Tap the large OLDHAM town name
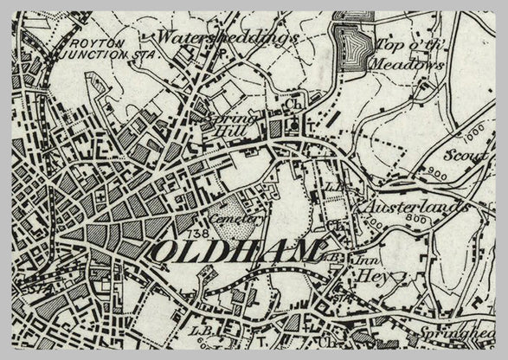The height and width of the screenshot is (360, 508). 236,252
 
